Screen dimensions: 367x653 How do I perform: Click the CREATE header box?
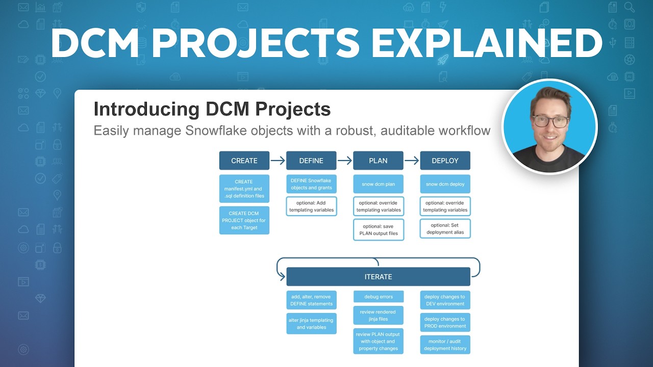[244, 161]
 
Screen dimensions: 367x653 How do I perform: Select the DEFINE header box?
[311, 161]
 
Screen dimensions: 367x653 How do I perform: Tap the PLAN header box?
[378, 161]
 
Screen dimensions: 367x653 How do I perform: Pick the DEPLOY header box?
[445, 161]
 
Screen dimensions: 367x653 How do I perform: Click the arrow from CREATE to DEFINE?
[278, 161]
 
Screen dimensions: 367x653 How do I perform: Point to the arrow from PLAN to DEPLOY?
[411, 161]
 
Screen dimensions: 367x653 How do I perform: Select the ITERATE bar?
[378, 277]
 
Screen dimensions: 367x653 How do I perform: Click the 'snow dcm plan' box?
[378, 184]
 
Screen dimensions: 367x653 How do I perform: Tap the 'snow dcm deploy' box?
[445, 184]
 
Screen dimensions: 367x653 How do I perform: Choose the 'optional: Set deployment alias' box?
[445, 229]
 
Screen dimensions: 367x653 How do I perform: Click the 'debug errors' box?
[378, 297]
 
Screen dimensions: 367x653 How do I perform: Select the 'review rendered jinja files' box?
[378, 316]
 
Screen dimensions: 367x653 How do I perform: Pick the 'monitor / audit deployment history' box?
[445, 345]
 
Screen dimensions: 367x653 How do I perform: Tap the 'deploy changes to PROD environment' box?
[445, 323]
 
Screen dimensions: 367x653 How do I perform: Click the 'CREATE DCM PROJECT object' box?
[244, 220]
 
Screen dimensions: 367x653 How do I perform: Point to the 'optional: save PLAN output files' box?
[378, 230]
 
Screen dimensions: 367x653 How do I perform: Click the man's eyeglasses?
[550, 121]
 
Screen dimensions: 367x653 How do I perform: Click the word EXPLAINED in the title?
[487, 43]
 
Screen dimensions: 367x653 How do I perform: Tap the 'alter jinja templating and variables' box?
[311, 324]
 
